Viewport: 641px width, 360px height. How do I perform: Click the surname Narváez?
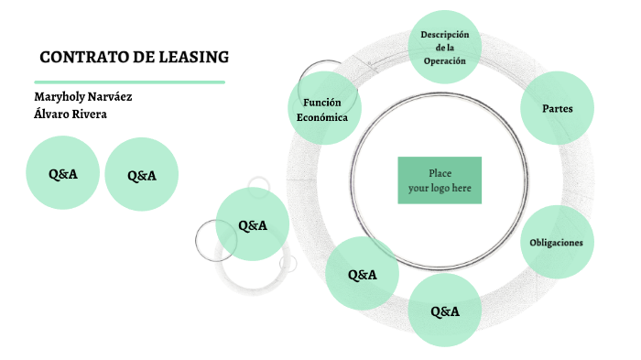coord(118,97)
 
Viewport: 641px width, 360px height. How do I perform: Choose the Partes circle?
coord(558,108)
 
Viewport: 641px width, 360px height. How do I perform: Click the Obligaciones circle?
coord(557,242)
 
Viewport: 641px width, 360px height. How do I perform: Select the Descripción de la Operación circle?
coord(445,47)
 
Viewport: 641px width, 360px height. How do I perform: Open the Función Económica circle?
coord(322,109)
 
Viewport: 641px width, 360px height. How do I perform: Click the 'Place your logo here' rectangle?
coord(440,180)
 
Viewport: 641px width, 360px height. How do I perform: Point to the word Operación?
coord(445,60)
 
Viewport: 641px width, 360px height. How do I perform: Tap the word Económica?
coord(322,117)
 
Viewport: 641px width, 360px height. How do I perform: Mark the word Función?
coord(322,102)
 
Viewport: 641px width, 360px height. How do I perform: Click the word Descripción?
coord(445,34)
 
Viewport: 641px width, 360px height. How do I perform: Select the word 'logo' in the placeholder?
coord(438,188)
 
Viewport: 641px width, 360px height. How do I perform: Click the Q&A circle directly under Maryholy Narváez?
coord(64,173)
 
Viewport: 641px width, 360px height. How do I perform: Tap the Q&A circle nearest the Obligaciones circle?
coord(444,311)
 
